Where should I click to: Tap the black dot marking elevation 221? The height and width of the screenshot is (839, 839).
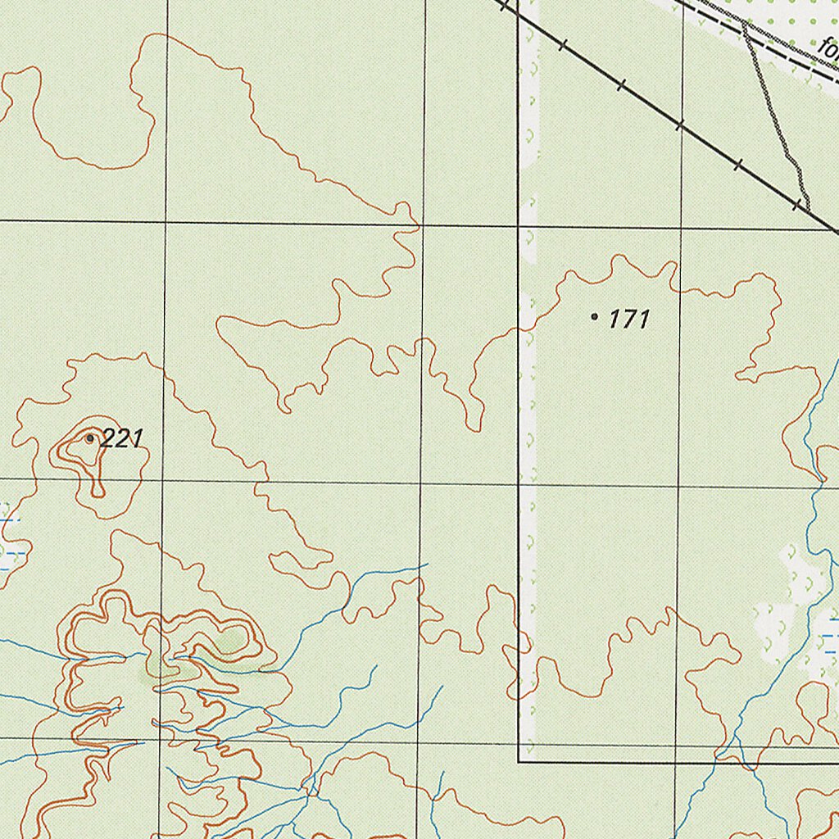(90, 438)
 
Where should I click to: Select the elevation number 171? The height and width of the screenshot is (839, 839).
(629, 320)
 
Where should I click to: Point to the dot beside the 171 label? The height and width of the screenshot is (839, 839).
(594, 315)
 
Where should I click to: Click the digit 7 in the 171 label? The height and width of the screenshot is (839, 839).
(629, 320)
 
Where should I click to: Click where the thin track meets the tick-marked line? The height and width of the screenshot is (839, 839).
(807, 208)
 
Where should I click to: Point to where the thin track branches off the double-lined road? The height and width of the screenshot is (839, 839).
(744, 27)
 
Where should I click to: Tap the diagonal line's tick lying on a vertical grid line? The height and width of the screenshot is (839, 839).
(680, 125)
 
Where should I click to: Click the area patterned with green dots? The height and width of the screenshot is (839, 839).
(787, 16)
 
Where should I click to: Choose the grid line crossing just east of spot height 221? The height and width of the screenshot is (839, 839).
(163, 481)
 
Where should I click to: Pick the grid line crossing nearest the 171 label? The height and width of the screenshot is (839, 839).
(681, 229)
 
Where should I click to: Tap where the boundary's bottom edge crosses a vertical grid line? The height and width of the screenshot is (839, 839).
(677, 761)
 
